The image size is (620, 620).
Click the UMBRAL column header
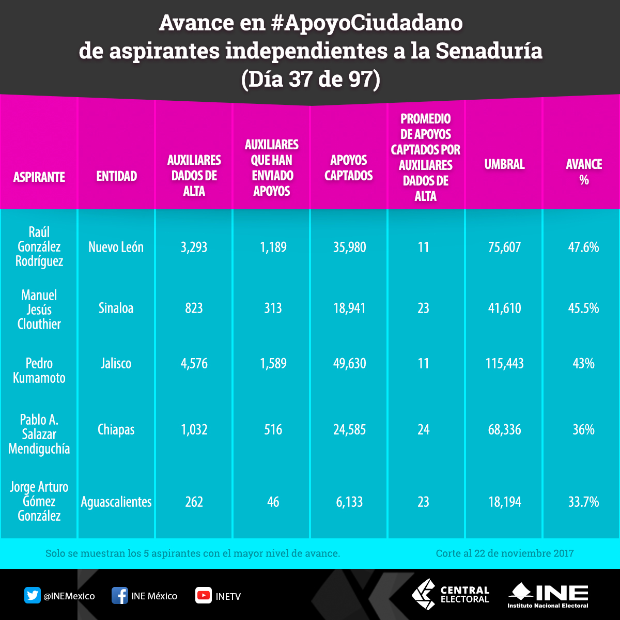click(x=504, y=164)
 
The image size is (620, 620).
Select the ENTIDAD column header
click(x=117, y=176)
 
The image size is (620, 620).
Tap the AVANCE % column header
click(x=584, y=172)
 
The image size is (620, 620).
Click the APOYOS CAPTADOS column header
click(x=349, y=168)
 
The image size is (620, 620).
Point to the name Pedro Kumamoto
click(x=39, y=370)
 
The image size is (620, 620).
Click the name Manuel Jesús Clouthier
click(x=39, y=309)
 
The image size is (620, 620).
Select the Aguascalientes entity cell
click(x=116, y=502)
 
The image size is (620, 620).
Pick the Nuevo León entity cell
click(x=116, y=247)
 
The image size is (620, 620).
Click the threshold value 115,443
click(x=504, y=364)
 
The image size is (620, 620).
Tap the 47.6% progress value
click(x=583, y=247)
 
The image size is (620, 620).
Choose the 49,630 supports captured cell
click(x=349, y=364)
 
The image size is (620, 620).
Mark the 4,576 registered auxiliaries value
click(x=194, y=364)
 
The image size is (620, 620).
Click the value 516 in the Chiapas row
click(x=273, y=430)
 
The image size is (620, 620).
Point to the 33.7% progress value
click(x=583, y=502)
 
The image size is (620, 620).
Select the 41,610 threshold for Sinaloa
click(x=504, y=308)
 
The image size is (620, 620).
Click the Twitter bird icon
click(x=33, y=596)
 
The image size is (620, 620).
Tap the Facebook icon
click(x=120, y=596)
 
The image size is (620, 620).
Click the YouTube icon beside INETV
click(x=203, y=596)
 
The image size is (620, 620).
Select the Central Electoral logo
click(x=450, y=594)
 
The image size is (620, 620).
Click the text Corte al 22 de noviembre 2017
click(x=504, y=553)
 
